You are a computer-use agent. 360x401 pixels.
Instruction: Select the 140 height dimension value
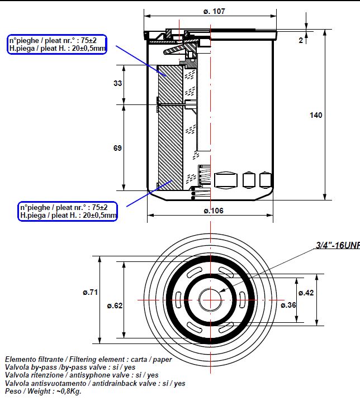coord(316,116)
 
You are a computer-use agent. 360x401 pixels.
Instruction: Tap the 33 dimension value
coord(117,83)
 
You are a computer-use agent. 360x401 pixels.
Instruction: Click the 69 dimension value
coord(117,148)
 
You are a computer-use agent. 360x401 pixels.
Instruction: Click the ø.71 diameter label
coord(90,292)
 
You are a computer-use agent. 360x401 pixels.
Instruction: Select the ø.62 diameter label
coord(114,305)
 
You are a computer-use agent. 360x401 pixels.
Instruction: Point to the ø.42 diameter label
coord(305,293)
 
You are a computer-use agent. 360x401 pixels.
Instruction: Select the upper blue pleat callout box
coord(57,44)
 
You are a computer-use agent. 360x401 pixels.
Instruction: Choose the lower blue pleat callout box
coord(68,211)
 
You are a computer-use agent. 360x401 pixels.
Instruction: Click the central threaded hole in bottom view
coord(210,300)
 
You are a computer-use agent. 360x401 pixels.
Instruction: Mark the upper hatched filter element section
coord(170,84)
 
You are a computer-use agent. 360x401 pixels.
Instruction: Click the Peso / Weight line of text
coord(44,392)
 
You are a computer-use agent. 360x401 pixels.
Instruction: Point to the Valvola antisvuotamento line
coord(95,384)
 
